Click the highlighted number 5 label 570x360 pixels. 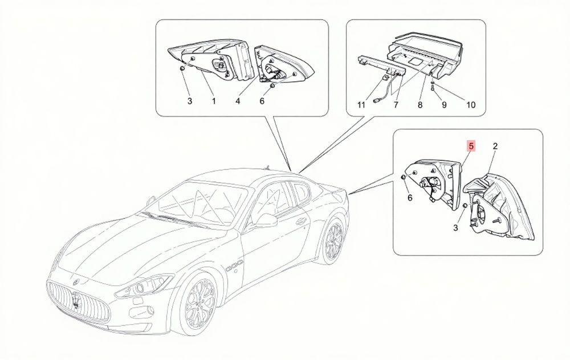coord(471,146)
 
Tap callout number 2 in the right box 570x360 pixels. coord(495,146)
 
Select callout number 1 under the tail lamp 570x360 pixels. coord(214,101)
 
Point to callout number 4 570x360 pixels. coord(238,101)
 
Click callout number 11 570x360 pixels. coord(361,105)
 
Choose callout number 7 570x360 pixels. coord(396,105)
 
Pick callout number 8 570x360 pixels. coord(420,105)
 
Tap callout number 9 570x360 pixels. coord(444,105)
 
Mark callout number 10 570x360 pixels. coord(471,105)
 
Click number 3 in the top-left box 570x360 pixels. coord(189,101)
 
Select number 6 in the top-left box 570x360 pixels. coord(262,101)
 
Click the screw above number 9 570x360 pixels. coord(433,86)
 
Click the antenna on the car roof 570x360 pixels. coord(267,167)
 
